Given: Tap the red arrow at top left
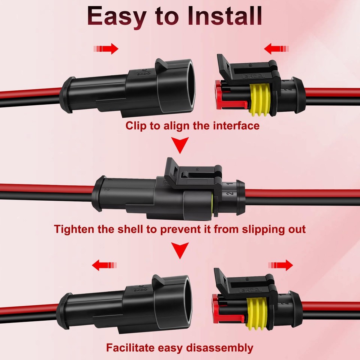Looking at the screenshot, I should pos(106,49).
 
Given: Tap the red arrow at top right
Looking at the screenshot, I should pos(276,49).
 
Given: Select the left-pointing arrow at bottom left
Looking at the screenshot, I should pos(105,265).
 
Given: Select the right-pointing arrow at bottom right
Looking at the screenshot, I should pos(280,265).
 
